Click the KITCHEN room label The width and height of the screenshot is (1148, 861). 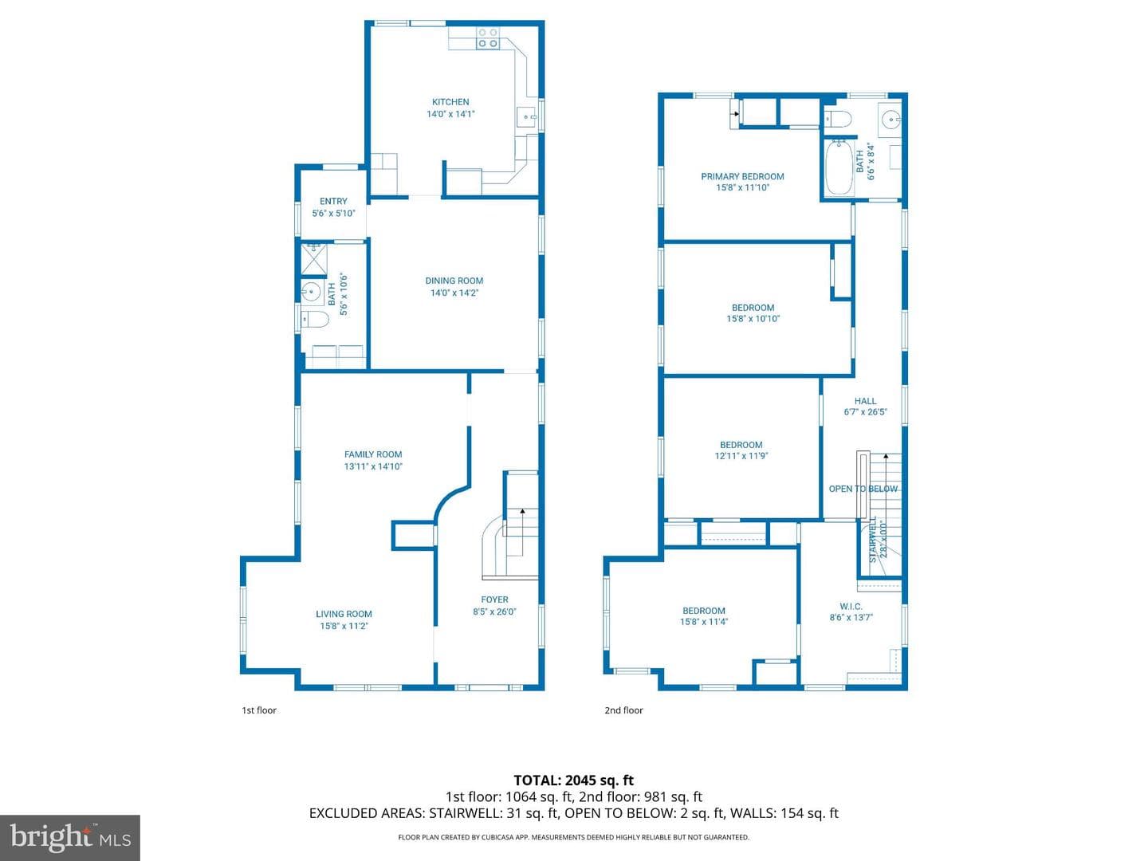(x=450, y=102)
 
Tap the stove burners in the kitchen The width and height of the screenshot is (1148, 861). (x=487, y=38)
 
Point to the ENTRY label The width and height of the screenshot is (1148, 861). (x=333, y=201)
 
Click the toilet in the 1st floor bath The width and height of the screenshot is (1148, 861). (x=314, y=318)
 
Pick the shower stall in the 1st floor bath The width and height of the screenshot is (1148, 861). (x=314, y=258)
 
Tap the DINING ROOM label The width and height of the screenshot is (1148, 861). (x=454, y=281)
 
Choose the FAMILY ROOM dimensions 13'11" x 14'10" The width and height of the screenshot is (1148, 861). (x=373, y=466)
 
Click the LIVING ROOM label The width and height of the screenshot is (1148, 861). (x=344, y=614)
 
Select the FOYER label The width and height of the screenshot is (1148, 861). (x=494, y=600)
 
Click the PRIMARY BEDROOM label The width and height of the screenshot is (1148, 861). (x=742, y=177)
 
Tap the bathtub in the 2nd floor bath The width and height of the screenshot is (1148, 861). (x=839, y=167)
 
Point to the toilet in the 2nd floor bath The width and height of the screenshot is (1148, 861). (x=838, y=120)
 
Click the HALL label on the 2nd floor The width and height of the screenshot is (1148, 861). (x=865, y=401)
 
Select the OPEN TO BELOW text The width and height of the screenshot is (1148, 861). (x=863, y=489)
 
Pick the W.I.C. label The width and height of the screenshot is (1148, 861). (x=851, y=607)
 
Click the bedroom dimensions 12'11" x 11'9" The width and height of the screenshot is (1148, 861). (x=741, y=456)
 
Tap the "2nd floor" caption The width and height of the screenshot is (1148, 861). (x=623, y=710)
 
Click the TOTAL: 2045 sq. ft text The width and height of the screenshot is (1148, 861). (x=574, y=780)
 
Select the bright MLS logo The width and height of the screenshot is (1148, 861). (x=69, y=838)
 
